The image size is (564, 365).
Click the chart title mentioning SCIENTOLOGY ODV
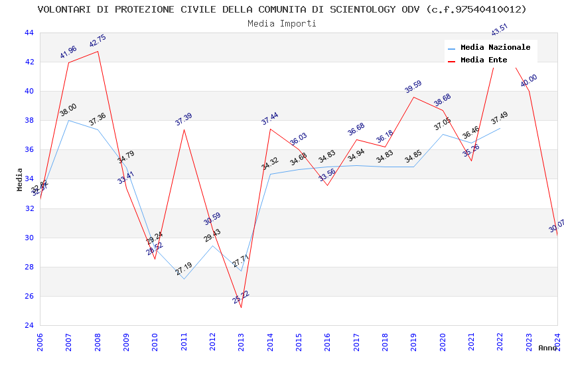(x=282, y=9)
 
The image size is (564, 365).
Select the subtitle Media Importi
(x=282, y=23)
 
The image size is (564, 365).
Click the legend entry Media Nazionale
(x=495, y=48)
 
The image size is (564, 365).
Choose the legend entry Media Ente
(x=484, y=60)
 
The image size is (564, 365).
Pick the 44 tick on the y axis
(x=29, y=33)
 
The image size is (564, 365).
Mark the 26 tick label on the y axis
(x=29, y=297)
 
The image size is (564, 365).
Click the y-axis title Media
(x=20, y=179)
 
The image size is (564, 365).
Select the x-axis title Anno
(x=547, y=348)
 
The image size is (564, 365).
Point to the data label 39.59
(x=413, y=87)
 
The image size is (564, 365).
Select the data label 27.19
(x=184, y=269)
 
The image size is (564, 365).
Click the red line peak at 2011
(x=184, y=129)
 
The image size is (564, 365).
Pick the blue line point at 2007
(x=69, y=120)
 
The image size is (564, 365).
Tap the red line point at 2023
(x=528, y=91)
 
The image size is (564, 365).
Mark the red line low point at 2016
(x=327, y=185)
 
